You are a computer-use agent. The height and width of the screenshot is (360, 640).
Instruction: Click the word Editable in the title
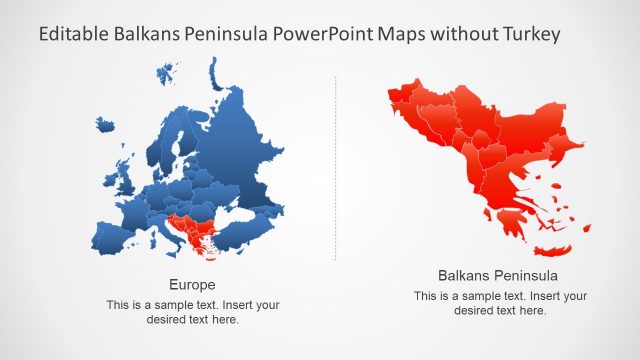(x=73, y=34)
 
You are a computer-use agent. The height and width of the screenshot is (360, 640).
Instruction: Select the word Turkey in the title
(x=531, y=34)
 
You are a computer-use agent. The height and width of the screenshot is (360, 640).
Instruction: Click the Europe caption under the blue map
(x=192, y=284)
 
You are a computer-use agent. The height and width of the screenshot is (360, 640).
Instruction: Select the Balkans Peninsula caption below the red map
(x=497, y=275)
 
